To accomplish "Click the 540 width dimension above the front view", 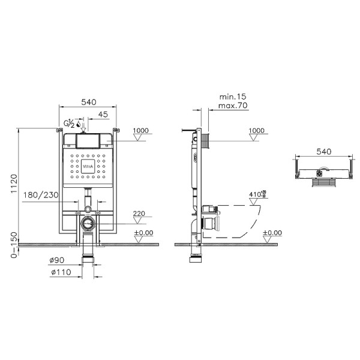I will tap(88, 102).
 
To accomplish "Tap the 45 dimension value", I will tap(103, 114).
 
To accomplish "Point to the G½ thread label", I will tap(69, 124).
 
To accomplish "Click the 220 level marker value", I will tap(140, 213).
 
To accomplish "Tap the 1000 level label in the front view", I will tap(140, 130).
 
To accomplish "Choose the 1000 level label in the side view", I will tap(256, 130).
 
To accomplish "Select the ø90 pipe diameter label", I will tap(57, 261).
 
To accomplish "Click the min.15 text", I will tap(232, 97).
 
